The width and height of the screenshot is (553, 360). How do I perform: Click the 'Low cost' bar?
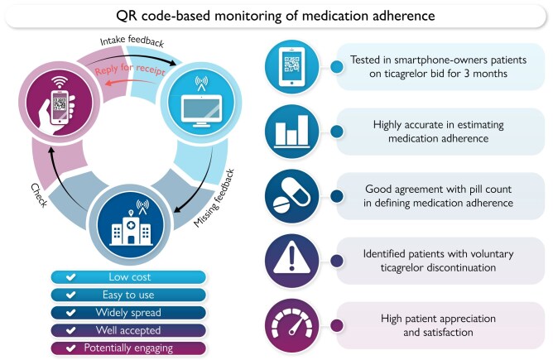124,277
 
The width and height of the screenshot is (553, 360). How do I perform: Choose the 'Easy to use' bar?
124,294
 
